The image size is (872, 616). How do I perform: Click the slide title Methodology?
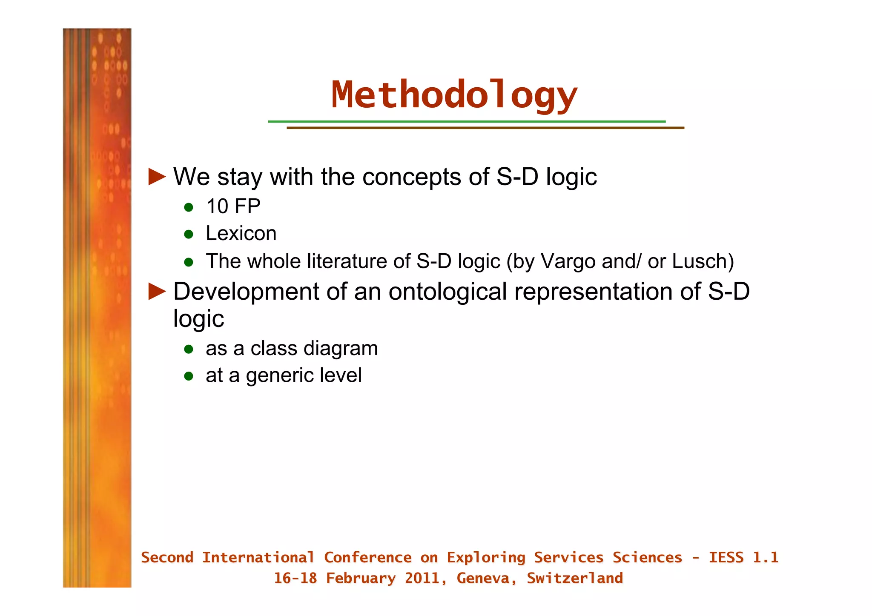454,95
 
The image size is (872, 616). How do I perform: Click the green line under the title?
466,121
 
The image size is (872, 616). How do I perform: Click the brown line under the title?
485,128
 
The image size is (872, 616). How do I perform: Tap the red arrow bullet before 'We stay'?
156,177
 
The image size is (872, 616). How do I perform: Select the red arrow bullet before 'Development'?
156,292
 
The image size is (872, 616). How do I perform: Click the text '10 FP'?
233,206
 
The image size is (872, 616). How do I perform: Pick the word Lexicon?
241,233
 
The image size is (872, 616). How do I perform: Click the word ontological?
447,292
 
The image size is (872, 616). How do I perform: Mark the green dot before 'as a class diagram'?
189,350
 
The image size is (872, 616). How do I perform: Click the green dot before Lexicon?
189,234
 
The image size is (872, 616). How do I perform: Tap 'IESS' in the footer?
726,558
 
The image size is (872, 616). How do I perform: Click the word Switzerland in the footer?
574,578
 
